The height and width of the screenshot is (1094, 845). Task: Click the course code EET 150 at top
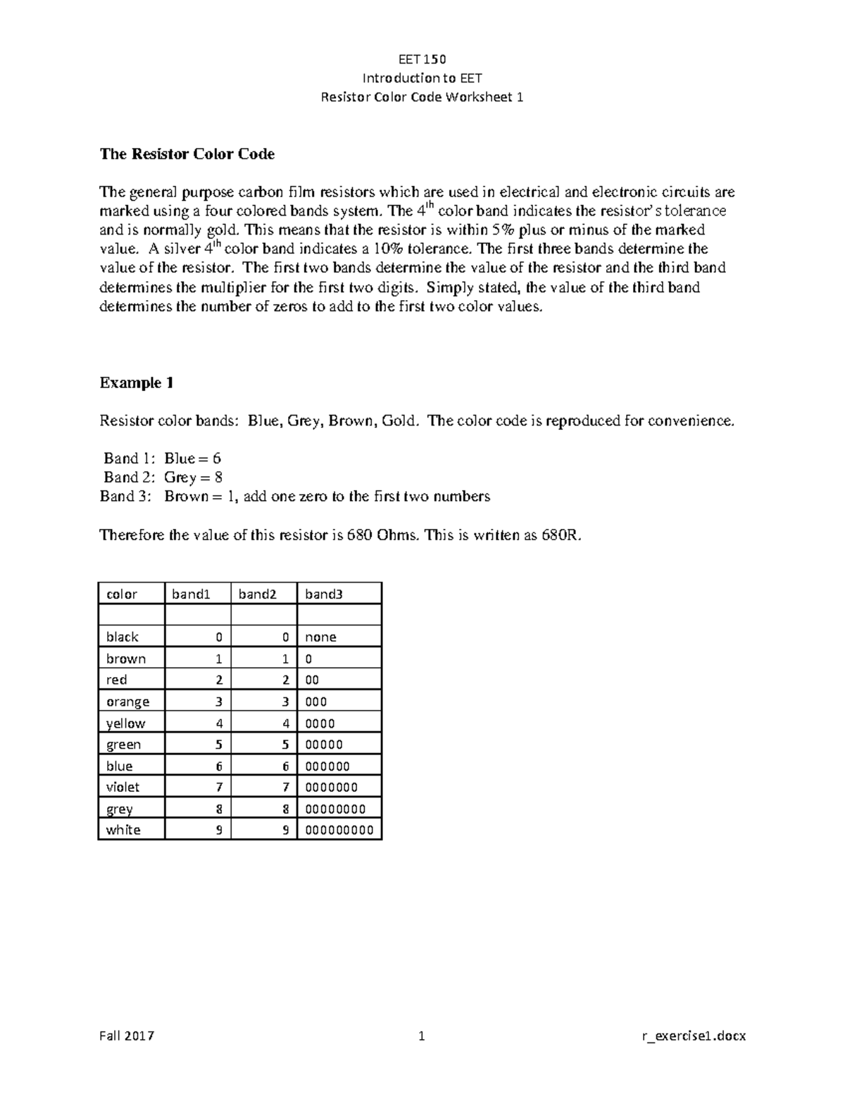(422, 58)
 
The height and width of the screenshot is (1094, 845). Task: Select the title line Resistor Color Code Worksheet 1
(422, 97)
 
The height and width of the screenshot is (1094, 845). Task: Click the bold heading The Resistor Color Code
(187, 154)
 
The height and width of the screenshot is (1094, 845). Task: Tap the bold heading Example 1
(137, 383)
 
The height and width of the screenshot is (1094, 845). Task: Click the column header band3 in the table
(323, 594)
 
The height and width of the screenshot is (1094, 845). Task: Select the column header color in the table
(122, 594)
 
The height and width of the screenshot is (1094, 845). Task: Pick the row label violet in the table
(123, 787)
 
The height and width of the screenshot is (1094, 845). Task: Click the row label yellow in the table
(125, 723)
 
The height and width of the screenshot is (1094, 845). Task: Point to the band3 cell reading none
(320, 637)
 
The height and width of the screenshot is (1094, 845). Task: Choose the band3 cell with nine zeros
(339, 830)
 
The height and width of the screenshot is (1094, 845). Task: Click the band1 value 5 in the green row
(219, 744)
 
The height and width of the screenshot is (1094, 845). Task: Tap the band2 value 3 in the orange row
(285, 701)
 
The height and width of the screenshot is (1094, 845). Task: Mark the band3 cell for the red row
(312, 680)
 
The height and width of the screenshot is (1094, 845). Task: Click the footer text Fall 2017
(127, 1036)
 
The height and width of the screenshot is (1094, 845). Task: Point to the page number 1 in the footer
(422, 1036)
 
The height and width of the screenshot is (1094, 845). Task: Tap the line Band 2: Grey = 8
(163, 477)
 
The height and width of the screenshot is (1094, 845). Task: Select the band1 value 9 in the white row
(219, 830)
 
